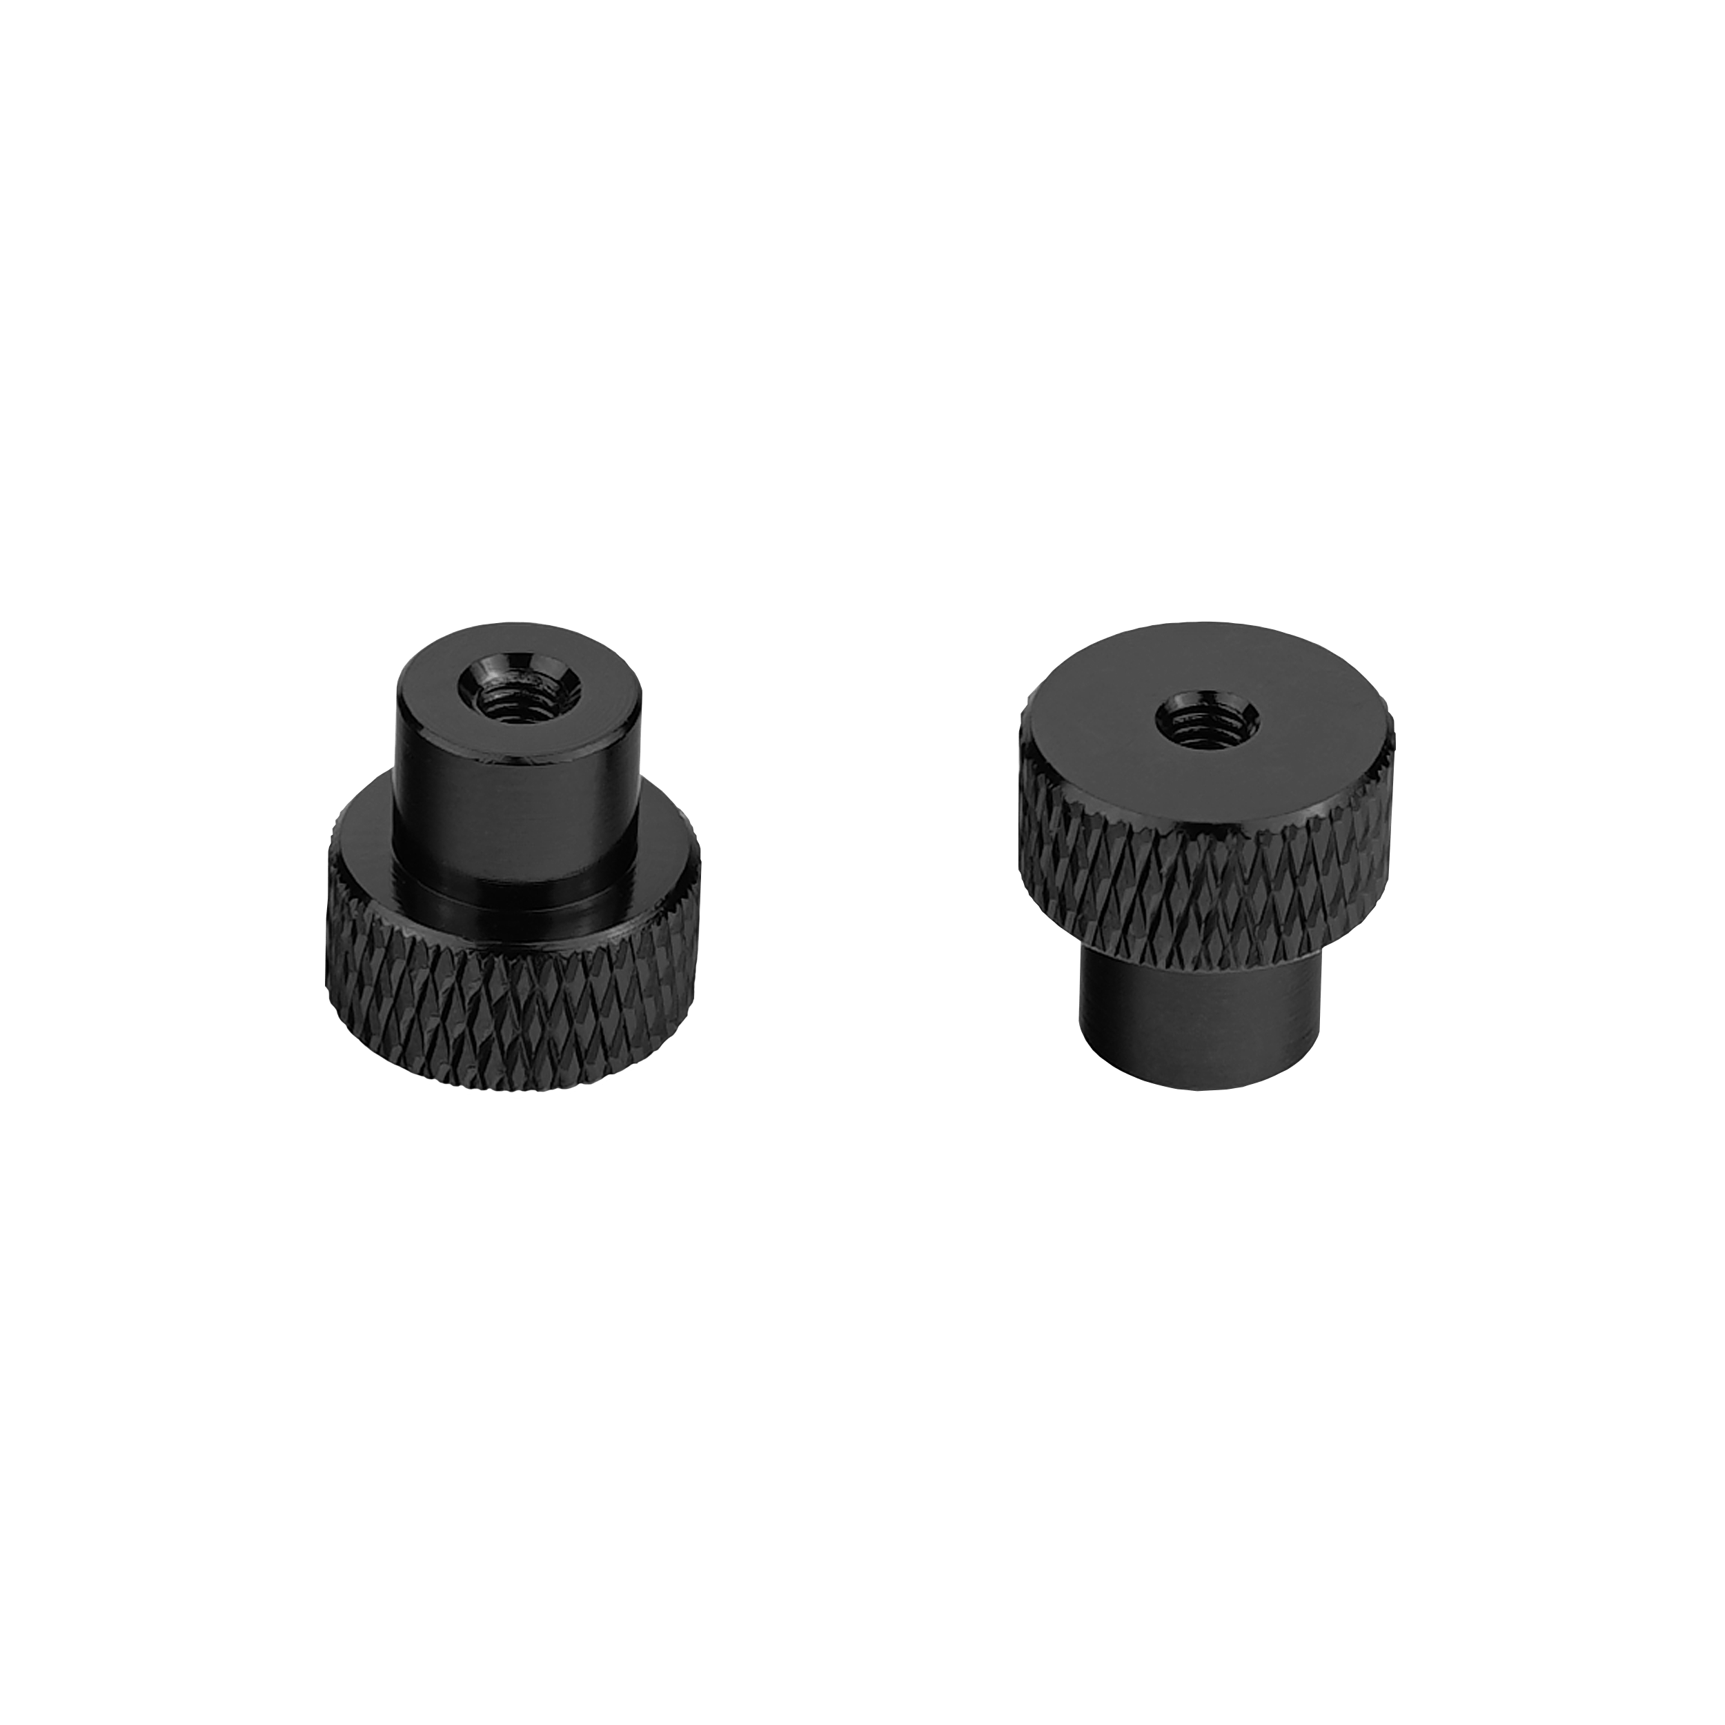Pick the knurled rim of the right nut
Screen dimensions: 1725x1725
(1196, 884)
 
